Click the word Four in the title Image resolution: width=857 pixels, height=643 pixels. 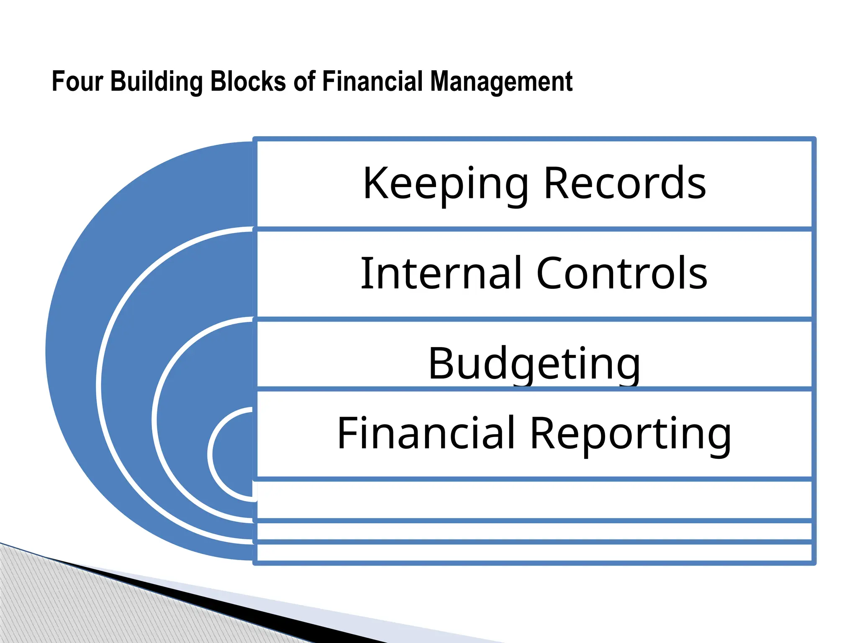coord(77,81)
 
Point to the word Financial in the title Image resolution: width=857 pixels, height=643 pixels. coord(372,81)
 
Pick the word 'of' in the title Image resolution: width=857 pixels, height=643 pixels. coord(304,81)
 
